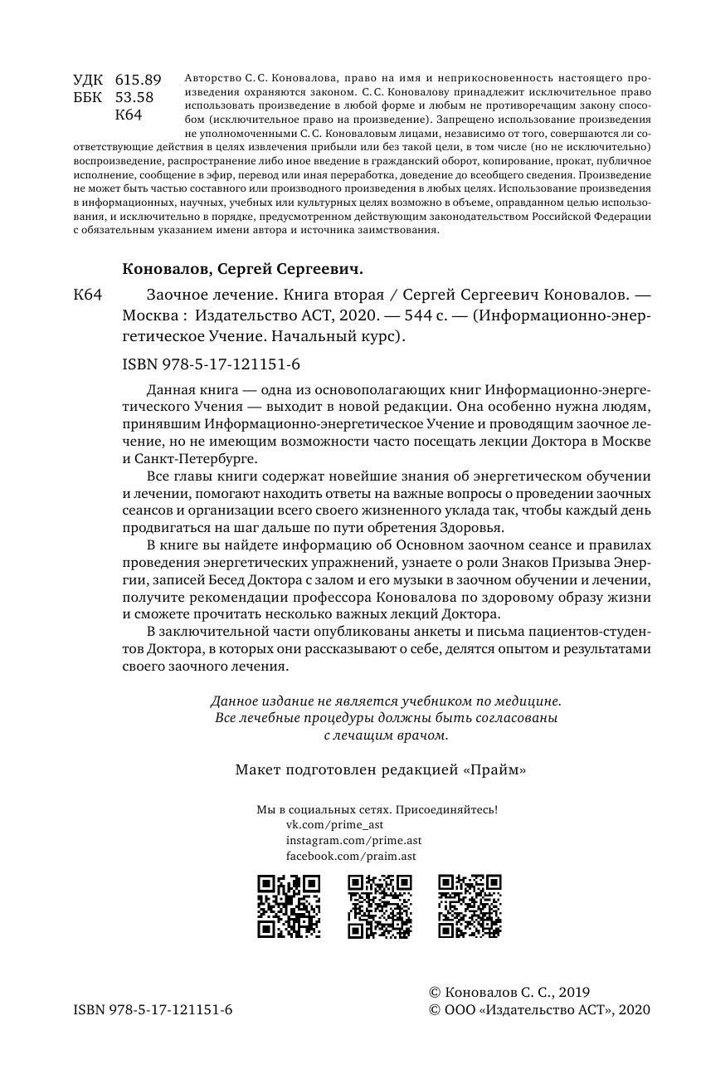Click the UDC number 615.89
point(139,80)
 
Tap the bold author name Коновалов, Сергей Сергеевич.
point(243,270)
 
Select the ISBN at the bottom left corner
point(153,1009)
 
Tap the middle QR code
point(378,906)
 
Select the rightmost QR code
point(469,906)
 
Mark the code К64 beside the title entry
point(87,295)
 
